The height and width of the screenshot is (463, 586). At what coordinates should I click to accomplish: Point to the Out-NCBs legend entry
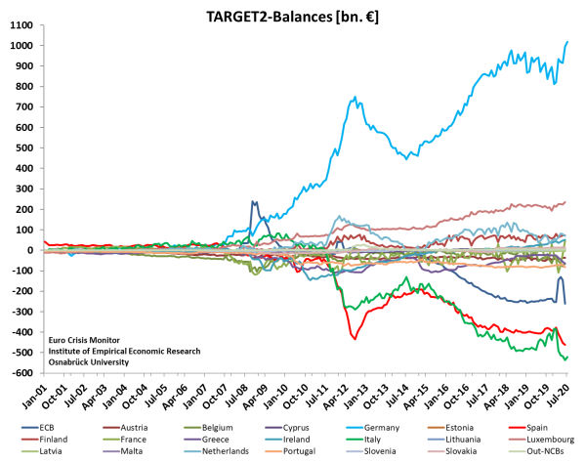tap(524, 451)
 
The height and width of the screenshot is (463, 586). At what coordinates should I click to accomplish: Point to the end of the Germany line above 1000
tap(568, 42)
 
